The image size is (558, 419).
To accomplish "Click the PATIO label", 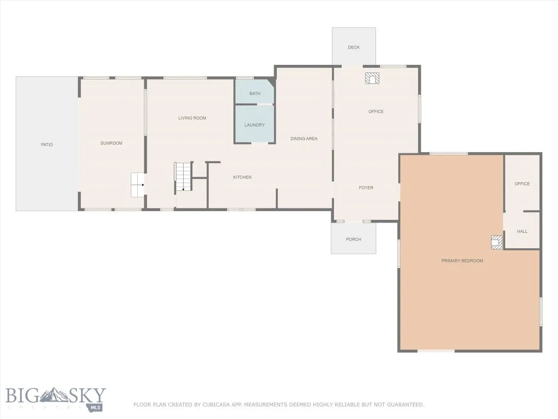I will (x=47, y=145).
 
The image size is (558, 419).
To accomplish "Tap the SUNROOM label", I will (x=111, y=143).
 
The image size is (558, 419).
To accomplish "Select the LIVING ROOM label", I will (x=192, y=118).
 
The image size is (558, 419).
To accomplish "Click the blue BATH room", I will (x=254, y=93).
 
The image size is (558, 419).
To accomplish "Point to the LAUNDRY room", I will (x=254, y=125).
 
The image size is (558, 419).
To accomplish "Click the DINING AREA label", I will (x=304, y=139).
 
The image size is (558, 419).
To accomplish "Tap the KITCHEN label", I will (x=242, y=177).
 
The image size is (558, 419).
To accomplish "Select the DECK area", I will (x=354, y=47).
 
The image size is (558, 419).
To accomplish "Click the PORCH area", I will (x=353, y=239).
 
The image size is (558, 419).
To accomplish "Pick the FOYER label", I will (x=366, y=188).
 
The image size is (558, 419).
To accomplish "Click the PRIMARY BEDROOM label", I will (x=462, y=261).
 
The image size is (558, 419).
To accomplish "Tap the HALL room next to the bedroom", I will (x=522, y=231).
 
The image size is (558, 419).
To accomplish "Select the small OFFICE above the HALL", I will (x=522, y=184).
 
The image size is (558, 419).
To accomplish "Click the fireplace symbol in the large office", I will (x=372, y=79).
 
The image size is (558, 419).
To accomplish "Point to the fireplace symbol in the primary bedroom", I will (x=496, y=242).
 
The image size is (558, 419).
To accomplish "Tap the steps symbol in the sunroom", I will (x=137, y=185).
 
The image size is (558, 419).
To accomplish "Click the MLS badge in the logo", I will (x=96, y=407).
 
